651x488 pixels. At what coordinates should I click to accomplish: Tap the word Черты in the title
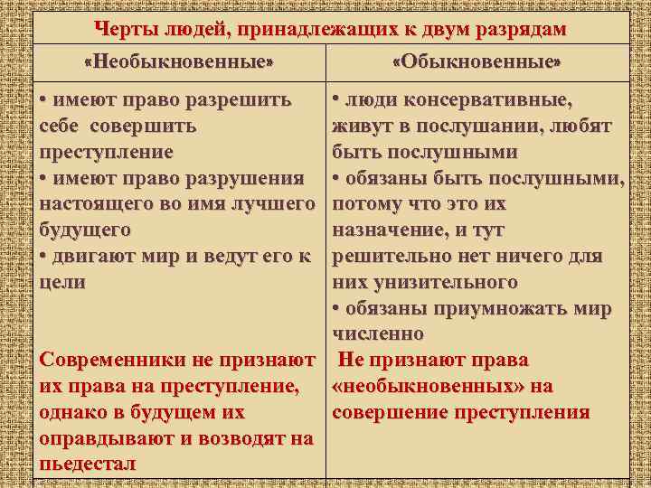pyautogui.click(x=123, y=29)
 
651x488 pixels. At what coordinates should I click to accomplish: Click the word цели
pyautogui.click(x=63, y=282)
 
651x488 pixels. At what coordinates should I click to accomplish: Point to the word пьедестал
pyautogui.click(x=88, y=465)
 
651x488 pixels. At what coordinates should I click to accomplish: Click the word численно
pyautogui.click(x=378, y=334)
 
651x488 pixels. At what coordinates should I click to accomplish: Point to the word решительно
pyautogui.click(x=390, y=256)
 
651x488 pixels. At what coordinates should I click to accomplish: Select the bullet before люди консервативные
pyautogui.click(x=337, y=99)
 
